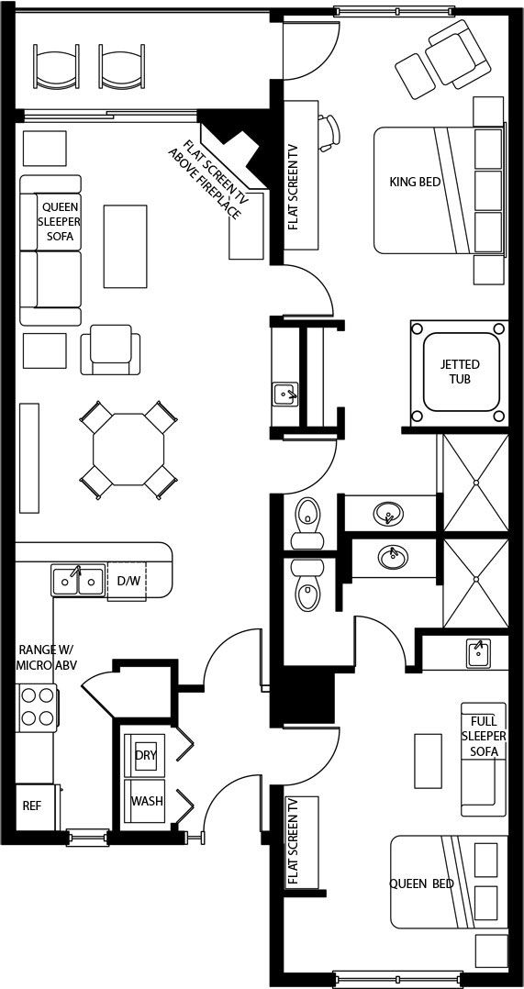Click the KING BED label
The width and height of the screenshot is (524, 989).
click(x=415, y=183)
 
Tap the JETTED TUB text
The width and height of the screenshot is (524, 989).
click(x=459, y=372)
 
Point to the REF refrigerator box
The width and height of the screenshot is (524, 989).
click(x=34, y=806)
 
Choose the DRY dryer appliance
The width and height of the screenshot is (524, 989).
click(x=145, y=755)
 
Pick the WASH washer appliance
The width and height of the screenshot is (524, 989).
click(x=146, y=801)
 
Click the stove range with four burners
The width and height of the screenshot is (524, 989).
click(x=38, y=707)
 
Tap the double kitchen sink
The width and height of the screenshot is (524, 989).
click(x=78, y=580)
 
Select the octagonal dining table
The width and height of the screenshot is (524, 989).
click(x=128, y=450)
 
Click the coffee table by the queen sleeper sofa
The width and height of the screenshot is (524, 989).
click(x=125, y=245)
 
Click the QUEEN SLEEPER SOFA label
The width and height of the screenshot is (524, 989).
click(x=61, y=221)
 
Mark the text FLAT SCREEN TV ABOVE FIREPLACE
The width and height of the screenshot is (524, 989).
click(x=206, y=179)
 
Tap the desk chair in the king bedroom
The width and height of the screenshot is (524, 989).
click(x=329, y=133)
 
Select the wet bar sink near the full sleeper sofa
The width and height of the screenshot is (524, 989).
click(x=479, y=653)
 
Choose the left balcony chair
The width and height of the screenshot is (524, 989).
click(x=56, y=67)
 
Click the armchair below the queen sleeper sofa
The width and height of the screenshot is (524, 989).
click(x=110, y=350)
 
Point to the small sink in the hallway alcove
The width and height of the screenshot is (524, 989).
click(x=285, y=394)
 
